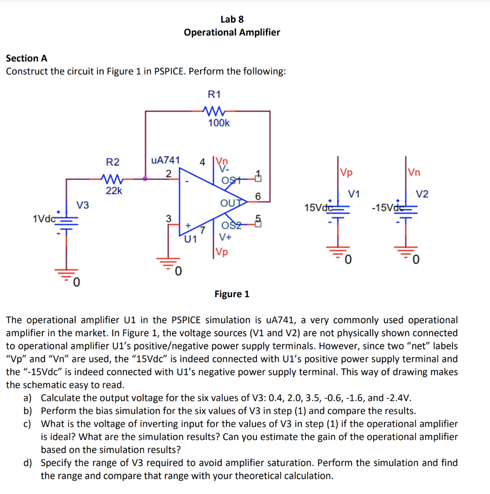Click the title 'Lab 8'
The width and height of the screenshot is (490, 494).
pyautogui.click(x=231, y=19)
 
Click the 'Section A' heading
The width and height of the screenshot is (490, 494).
pyautogui.click(x=27, y=58)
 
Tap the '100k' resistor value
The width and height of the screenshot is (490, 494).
pyautogui.click(x=218, y=123)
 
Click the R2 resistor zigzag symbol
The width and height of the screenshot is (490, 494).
pyautogui.click(x=112, y=179)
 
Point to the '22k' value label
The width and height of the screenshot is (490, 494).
pyautogui.click(x=114, y=191)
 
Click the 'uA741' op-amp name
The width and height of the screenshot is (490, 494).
pyautogui.click(x=165, y=160)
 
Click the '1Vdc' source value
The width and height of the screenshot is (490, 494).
pyautogui.click(x=44, y=218)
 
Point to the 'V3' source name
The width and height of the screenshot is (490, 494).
pyautogui.click(x=83, y=206)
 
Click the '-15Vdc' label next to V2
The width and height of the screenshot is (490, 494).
pyautogui.click(x=385, y=208)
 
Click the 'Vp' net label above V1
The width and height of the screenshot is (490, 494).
pyautogui.click(x=346, y=172)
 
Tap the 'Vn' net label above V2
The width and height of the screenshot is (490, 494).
pyautogui.click(x=413, y=172)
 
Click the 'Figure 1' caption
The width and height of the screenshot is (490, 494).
pyautogui.click(x=232, y=294)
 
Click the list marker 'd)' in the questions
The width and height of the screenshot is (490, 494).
pyautogui.click(x=28, y=463)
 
